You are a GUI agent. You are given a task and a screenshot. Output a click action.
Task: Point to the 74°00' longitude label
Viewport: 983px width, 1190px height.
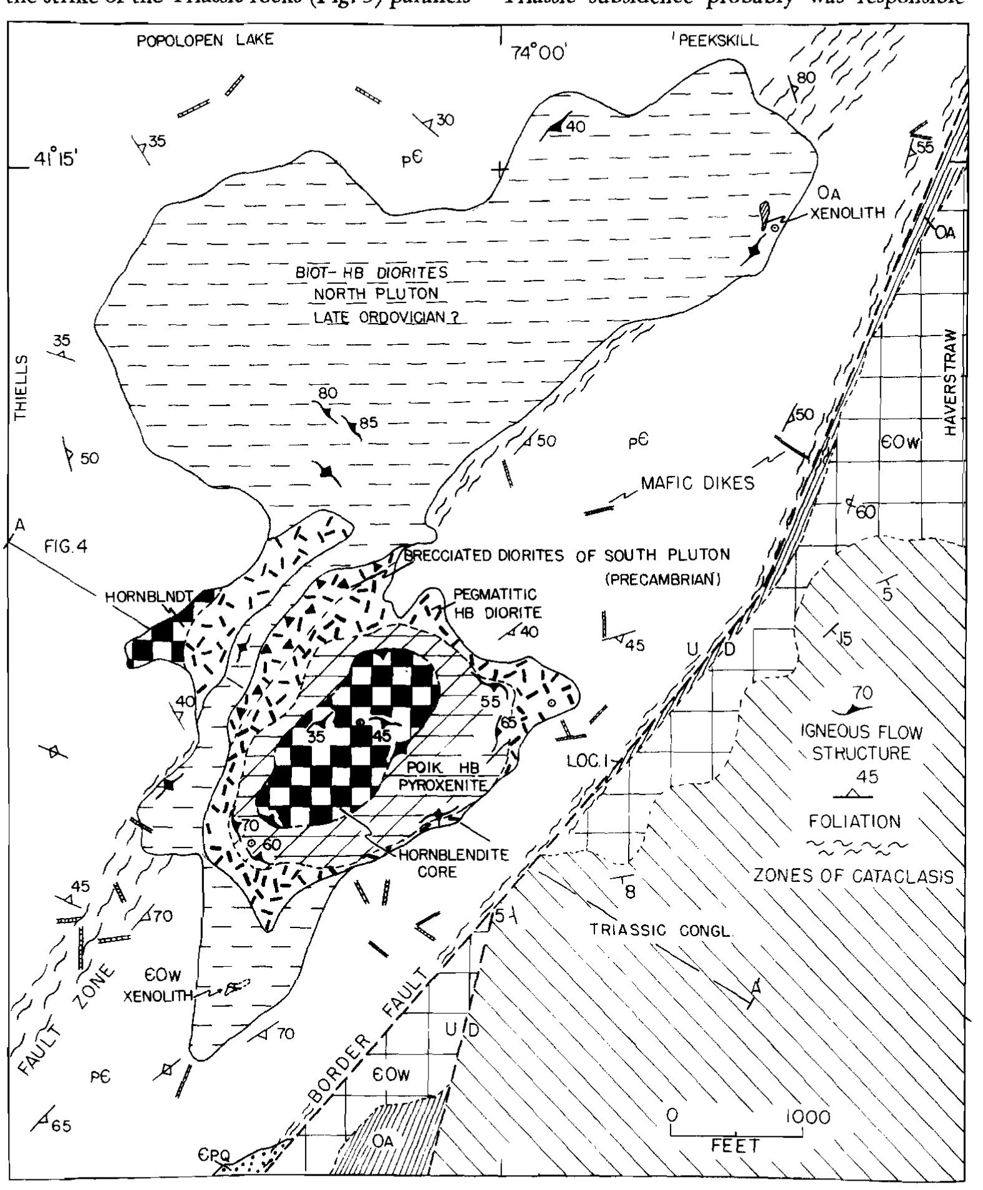[538, 55]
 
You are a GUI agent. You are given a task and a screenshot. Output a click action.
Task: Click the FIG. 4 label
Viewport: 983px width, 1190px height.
[65, 548]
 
